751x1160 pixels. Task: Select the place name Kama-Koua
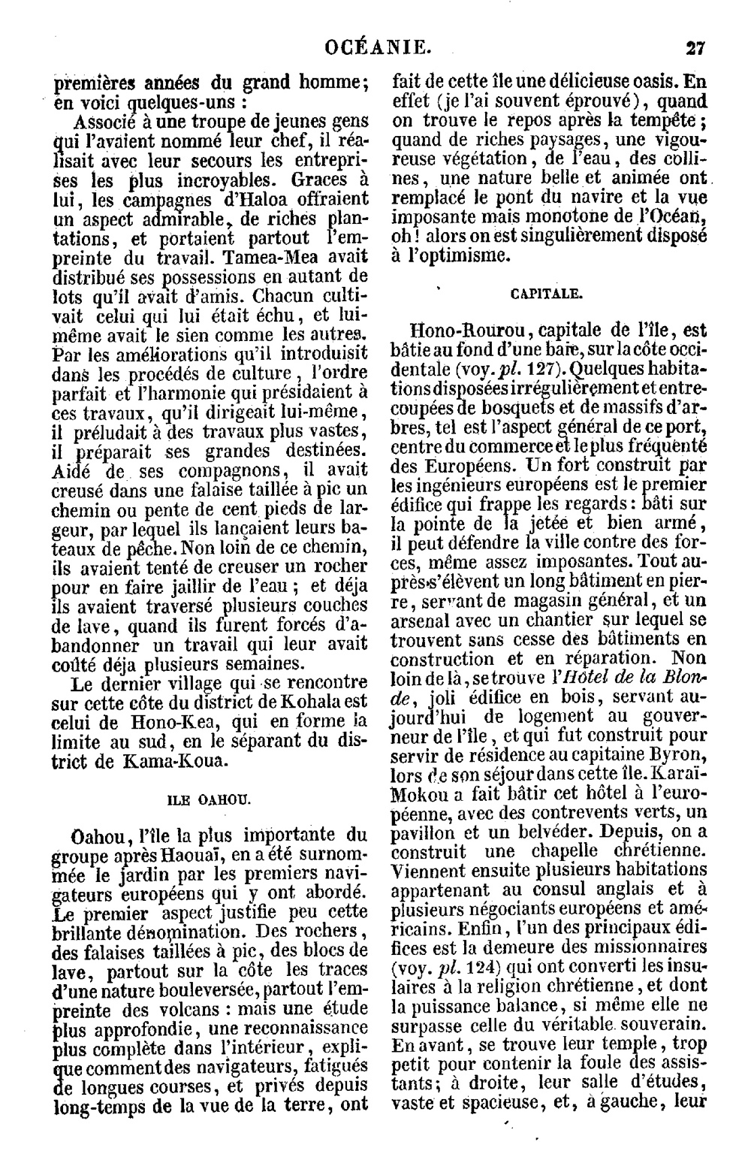point(165,761)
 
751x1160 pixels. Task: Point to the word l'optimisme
point(458,255)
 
